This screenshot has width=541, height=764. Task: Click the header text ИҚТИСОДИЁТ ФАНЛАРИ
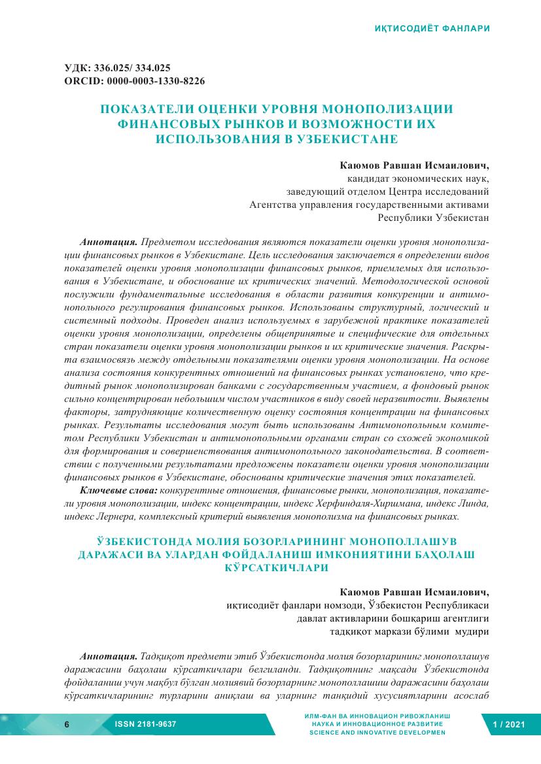click(432, 29)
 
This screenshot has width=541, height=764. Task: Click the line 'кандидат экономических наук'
click(417, 178)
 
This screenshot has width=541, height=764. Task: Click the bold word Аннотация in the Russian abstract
click(108, 241)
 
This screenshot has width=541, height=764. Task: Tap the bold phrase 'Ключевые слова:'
click(118, 490)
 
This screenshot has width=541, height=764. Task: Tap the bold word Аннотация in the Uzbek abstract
click(108, 656)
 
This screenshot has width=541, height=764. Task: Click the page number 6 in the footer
click(66, 725)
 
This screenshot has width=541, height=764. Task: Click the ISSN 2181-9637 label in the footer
click(145, 725)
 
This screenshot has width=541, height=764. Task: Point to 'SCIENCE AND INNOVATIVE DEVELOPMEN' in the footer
click(377, 733)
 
